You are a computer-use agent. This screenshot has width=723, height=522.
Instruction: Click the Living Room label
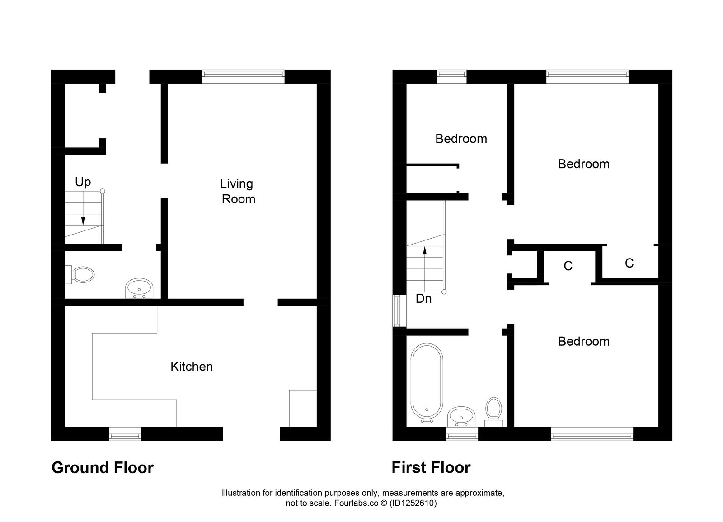point(237,191)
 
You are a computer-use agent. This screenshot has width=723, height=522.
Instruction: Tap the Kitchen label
point(192,366)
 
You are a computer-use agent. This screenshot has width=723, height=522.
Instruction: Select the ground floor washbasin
point(139,288)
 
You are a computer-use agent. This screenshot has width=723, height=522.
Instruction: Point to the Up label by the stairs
point(83,182)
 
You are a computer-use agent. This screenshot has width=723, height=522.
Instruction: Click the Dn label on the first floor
point(423,299)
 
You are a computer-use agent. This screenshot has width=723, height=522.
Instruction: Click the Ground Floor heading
point(103,467)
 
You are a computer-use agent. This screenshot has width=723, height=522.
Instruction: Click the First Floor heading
point(431,467)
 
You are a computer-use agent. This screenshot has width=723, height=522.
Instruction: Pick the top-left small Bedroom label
point(461,139)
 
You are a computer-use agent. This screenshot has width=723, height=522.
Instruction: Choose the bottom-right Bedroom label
point(583,341)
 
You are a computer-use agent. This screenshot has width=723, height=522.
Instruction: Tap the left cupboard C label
point(568,266)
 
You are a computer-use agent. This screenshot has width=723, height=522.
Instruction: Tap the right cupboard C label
point(629,263)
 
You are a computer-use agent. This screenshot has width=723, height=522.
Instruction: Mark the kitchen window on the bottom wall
point(125,435)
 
